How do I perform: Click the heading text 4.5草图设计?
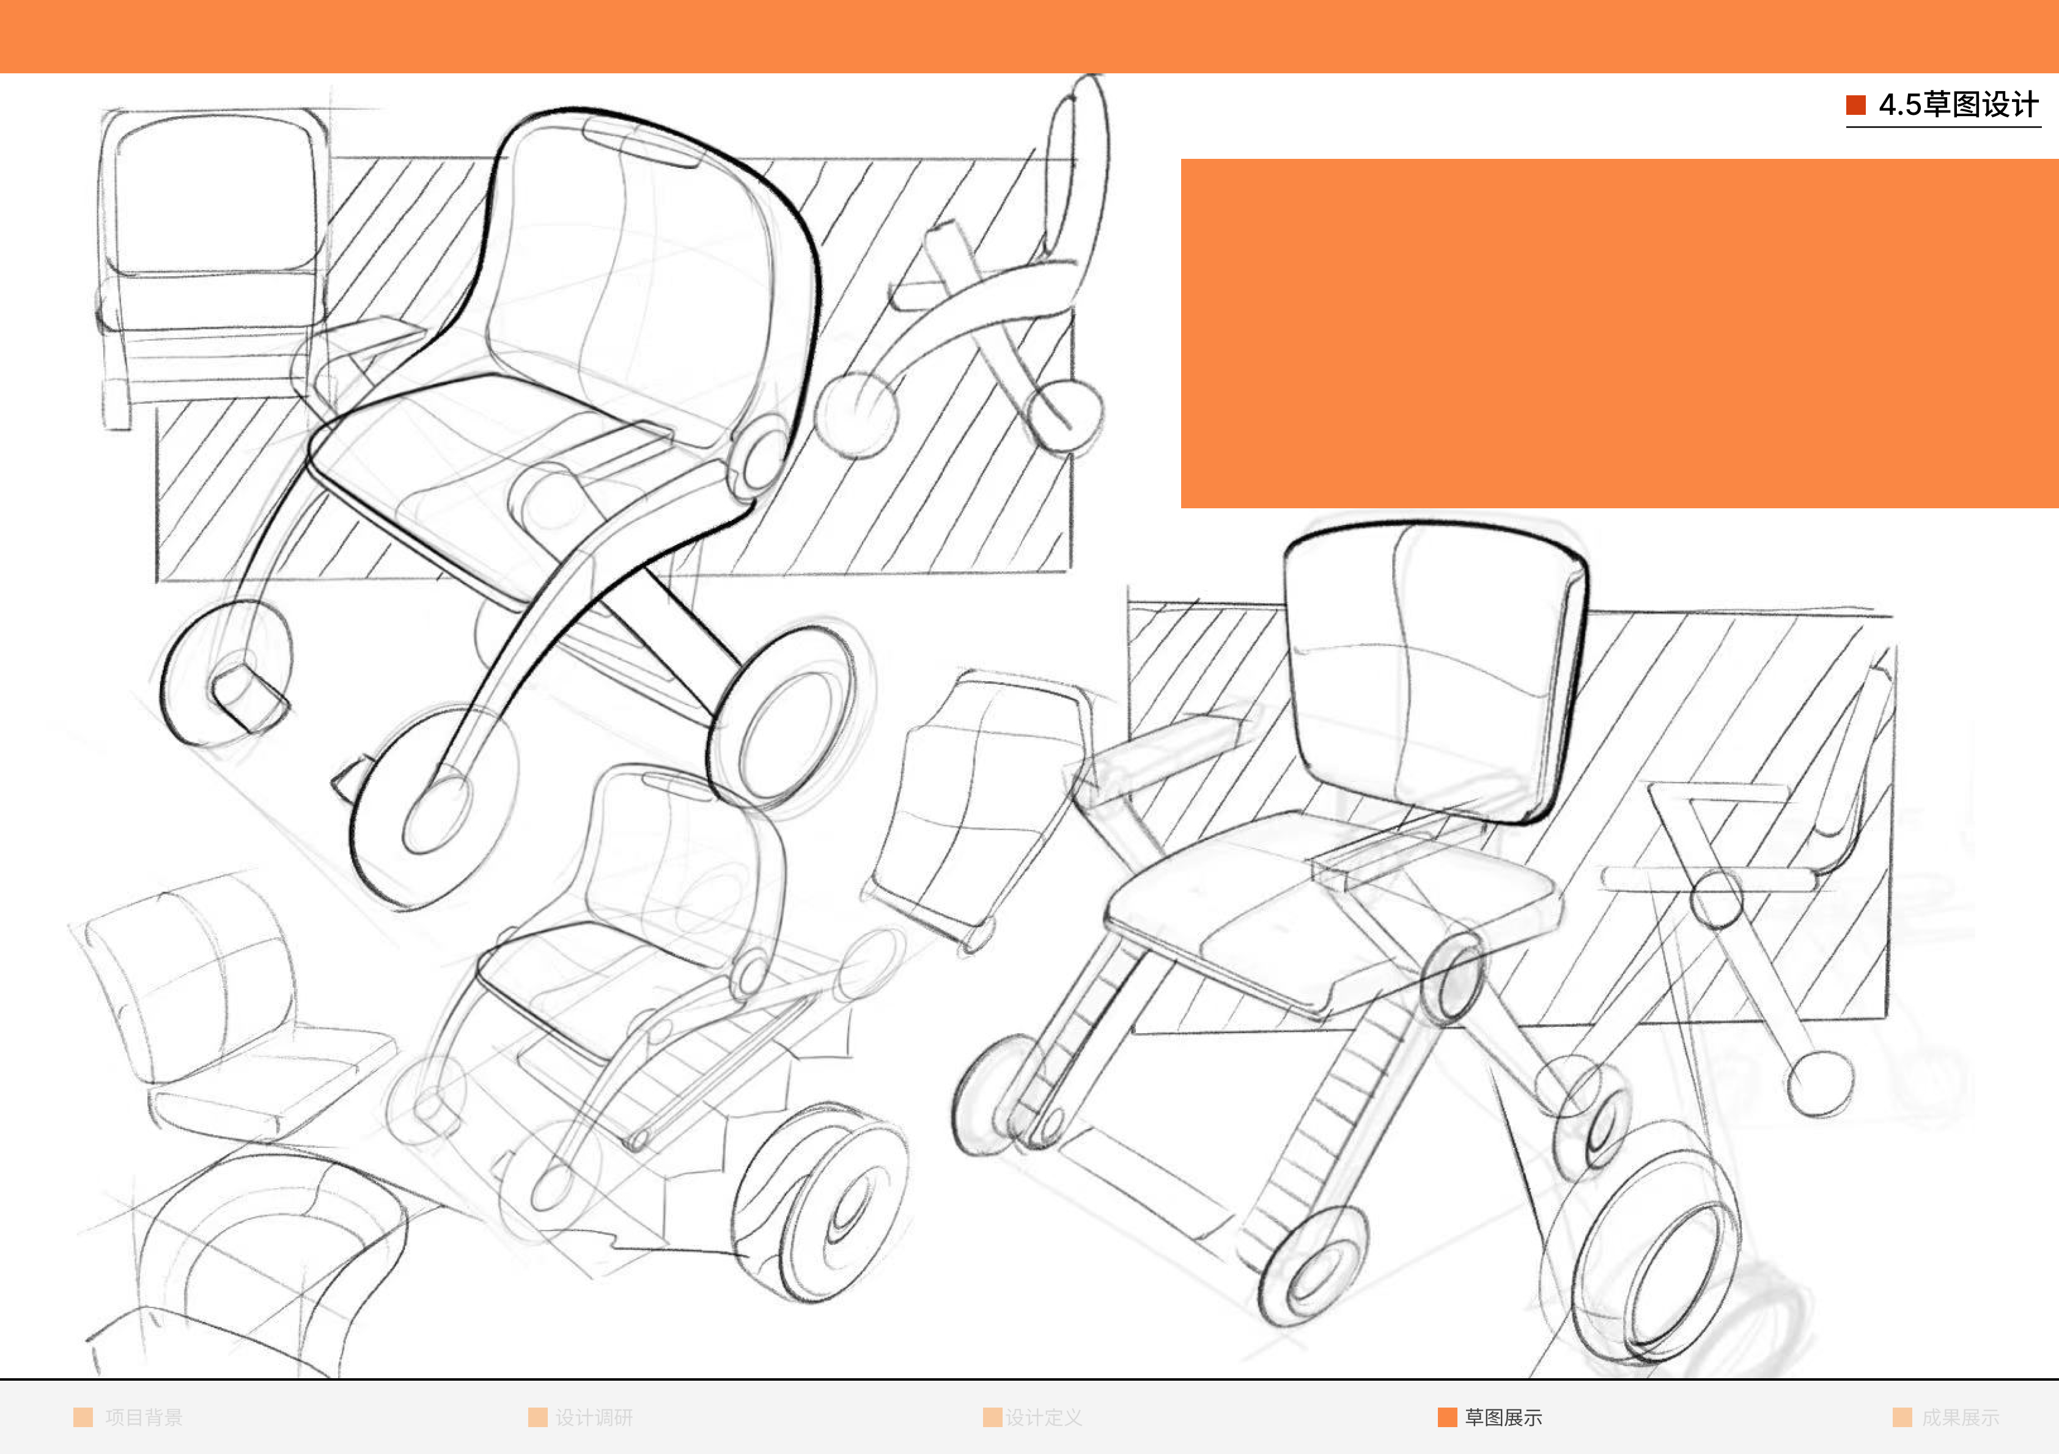tap(1959, 105)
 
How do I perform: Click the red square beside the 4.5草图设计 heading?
tap(1855, 105)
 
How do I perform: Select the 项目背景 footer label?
tap(144, 1417)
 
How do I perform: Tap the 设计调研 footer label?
tap(594, 1417)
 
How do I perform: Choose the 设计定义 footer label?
tap(1043, 1417)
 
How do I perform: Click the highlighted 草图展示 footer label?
tap(1503, 1417)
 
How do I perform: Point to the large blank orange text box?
tap(1619, 334)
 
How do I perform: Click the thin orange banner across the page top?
tap(1029, 36)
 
